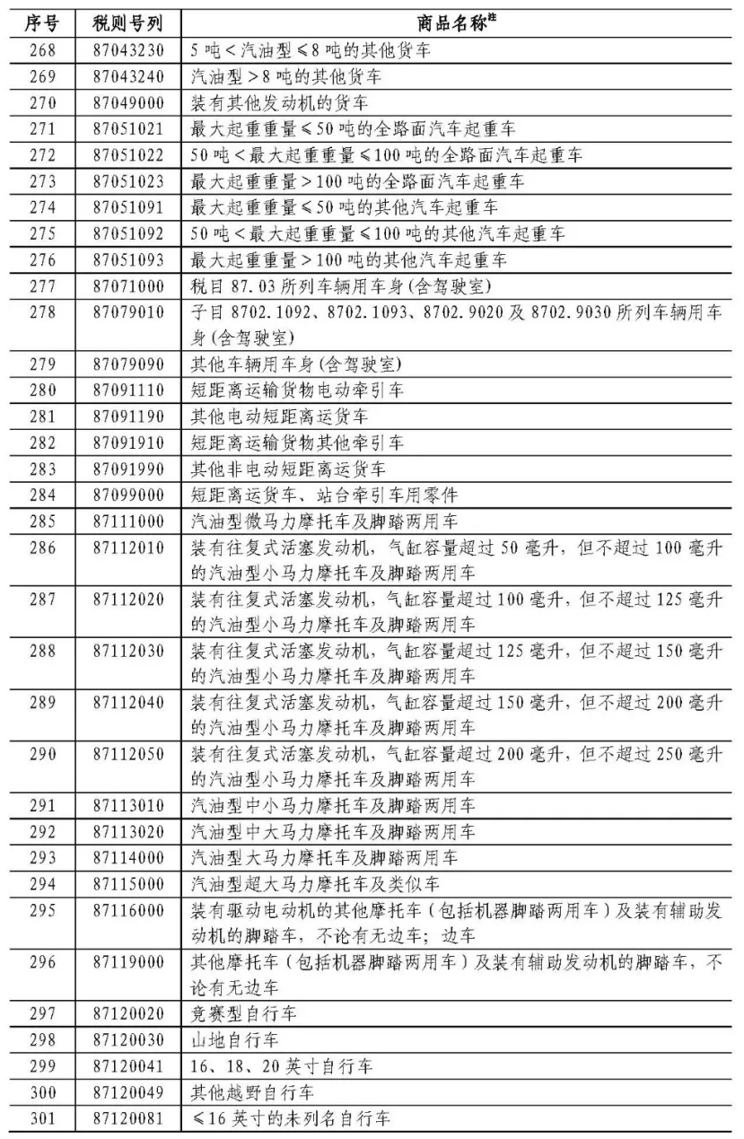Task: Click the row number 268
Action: (41, 50)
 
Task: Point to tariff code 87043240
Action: (127, 76)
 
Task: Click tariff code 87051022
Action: (127, 155)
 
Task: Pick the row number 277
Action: (41, 286)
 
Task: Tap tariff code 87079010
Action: (127, 312)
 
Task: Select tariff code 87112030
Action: (127, 651)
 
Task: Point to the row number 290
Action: (41, 755)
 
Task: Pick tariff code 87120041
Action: (127, 1066)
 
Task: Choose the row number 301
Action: (41, 1118)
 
